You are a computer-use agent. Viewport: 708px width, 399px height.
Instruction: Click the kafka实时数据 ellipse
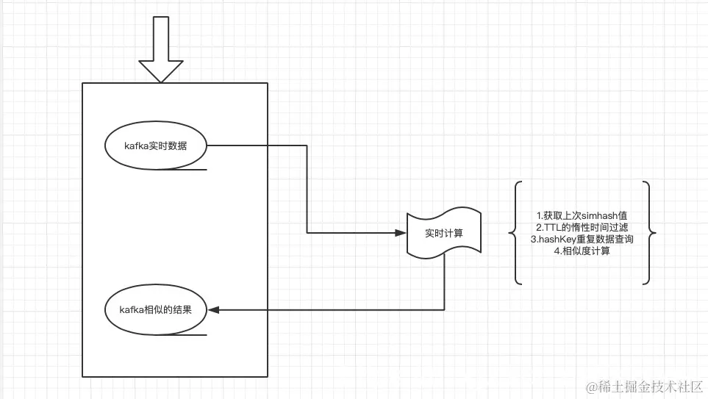click(x=156, y=145)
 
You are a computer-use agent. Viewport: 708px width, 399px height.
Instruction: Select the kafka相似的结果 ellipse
click(x=156, y=309)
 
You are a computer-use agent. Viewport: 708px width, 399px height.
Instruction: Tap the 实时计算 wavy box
click(x=444, y=234)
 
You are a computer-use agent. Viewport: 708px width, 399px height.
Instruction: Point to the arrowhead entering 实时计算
click(x=401, y=233)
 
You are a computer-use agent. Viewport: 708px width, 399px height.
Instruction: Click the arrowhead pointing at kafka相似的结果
click(x=213, y=309)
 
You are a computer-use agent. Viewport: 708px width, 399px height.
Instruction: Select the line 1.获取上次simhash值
click(x=582, y=216)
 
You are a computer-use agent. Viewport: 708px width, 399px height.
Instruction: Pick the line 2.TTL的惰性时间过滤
click(x=582, y=228)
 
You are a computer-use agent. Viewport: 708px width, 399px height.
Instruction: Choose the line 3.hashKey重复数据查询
click(x=582, y=240)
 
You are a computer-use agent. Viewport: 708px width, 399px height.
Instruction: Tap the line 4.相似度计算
click(x=582, y=251)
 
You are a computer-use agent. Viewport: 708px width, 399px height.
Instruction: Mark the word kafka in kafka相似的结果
click(x=130, y=309)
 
